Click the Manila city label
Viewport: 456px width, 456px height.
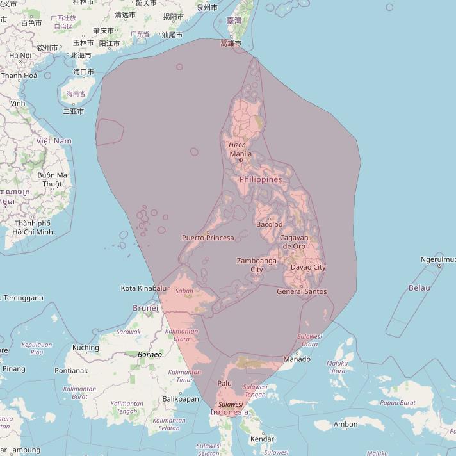(x=240, y=154)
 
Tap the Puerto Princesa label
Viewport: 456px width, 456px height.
(x=208, y=238)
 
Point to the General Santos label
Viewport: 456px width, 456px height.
(x=302, y=292)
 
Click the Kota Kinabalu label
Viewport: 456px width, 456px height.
(x=143, y=289)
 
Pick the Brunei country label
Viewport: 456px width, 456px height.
(x=145, y=308)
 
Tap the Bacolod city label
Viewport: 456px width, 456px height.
(x=269, y=224)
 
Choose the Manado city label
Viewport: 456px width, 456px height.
(x=297, y=359)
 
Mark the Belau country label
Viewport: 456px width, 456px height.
(x=419, y=288)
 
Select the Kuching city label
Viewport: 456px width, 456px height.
(x=86, y=348)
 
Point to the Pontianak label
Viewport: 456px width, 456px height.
(x=70, y=371)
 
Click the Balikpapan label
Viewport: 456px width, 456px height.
(x=179, y=399)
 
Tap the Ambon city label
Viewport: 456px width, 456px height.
(x=345, y=425)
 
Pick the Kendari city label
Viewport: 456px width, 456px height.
(x=263, y=439)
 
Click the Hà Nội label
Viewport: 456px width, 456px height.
(x=20, y=56)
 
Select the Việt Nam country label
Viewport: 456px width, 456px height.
(x=54, y=141)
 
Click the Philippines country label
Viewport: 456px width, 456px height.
(x=261, y=180)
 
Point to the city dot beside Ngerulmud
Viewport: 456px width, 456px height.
(x=440, y=266)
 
